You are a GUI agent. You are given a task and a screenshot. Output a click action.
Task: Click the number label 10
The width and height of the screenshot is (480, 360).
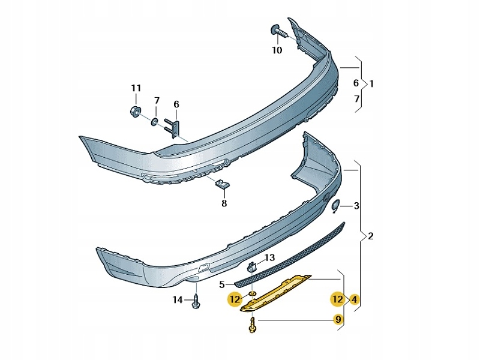pos(277,50)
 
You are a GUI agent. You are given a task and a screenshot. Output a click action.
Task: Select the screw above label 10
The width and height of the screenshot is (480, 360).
pos(279,31)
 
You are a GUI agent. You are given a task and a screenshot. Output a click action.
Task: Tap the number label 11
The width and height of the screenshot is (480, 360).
pos(136,88)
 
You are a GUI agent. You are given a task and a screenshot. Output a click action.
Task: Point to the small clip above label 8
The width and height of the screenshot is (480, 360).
pos(221,184)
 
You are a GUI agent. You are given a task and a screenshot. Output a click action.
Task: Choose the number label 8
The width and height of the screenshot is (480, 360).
pos(224,203)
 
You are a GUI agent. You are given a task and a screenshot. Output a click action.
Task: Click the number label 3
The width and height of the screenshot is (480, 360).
pos(356,206)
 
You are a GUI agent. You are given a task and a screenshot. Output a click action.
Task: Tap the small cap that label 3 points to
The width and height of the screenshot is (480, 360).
pos(335,205)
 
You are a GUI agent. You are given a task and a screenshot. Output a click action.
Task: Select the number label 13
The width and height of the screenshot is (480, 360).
pos(269,257)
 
